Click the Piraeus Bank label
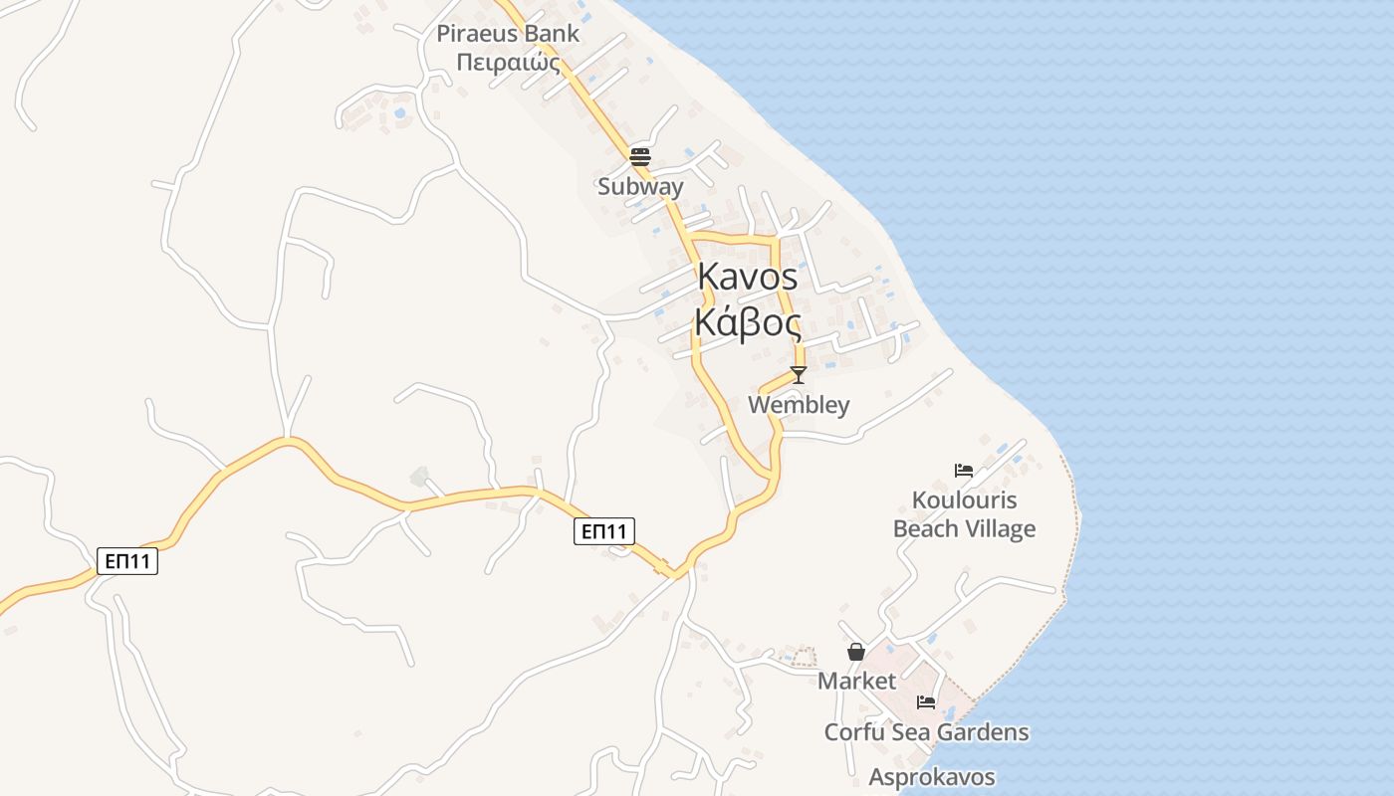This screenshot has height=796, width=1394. [508, 33]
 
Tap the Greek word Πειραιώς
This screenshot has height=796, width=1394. [508, 63]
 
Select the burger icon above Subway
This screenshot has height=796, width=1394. [640, 156]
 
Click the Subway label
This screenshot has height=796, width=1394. [640, 186]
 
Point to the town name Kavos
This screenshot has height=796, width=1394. [748, 277]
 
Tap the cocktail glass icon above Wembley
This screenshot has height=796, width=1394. [798, 375]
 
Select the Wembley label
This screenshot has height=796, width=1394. [799, 405]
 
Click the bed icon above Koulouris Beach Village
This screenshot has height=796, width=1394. [964, 470]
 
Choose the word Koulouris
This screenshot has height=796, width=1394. [964, 499]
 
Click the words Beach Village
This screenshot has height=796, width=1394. [964, 529]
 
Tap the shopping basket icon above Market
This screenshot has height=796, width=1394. [856, 652]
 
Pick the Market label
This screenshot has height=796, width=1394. [856, 682]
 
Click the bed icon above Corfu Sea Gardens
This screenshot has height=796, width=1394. [926, 702]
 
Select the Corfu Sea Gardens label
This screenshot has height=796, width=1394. [926, 733]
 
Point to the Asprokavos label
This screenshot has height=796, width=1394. [932, 777]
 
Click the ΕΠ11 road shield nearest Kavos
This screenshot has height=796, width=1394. [604, 531]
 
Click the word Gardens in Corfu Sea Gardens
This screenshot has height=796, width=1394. [986, 733]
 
